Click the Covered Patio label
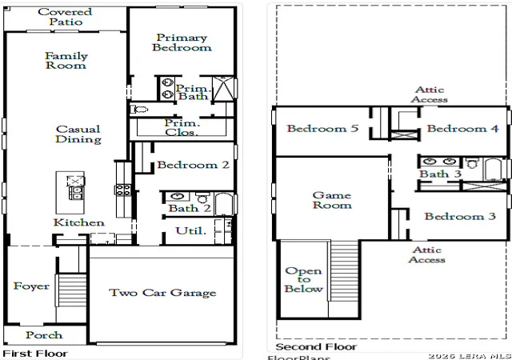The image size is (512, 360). point(65,17)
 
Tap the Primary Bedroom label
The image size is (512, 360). point(182,42)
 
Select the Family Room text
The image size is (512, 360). point(66,61)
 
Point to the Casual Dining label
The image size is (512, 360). point(78,134)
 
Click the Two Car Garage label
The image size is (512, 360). point(162,293)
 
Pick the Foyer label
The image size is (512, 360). point(31,286)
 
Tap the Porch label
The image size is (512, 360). point(44,335)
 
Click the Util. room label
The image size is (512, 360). point(190,231)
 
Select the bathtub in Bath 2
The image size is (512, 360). point(224,204)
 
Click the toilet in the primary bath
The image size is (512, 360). point(139,110)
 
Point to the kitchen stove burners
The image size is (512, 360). point(122,190)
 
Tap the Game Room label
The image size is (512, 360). point(332,200)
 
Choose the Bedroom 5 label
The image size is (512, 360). point(322,128)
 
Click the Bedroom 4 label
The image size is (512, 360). point(462,128)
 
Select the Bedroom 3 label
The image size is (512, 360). point(460,216)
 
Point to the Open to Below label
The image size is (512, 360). point(304,280)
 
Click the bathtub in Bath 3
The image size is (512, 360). point(493,169)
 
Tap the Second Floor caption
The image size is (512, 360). point(316,346)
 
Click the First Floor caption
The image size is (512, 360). point(35,354)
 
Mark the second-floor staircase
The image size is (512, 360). point(344,270)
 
